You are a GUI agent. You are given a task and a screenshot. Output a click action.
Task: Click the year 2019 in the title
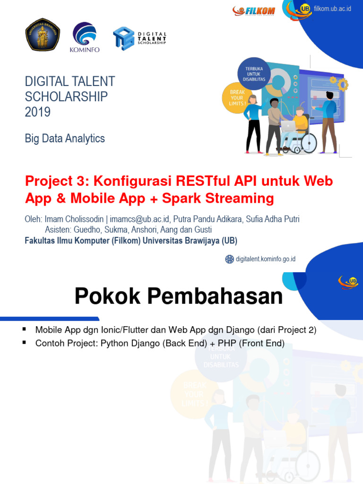click(x=38, y=112)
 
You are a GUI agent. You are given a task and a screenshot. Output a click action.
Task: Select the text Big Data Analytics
click(x=65, y=138)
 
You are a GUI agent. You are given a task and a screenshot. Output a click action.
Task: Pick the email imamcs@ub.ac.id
click(x=141, y=219)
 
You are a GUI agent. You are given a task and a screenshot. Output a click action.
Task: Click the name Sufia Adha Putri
click(x=273, y=219)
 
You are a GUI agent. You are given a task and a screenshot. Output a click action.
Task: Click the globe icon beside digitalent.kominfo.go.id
click(x=229, y=259)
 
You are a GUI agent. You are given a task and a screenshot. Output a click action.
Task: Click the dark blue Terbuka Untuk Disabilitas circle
click(x=255, y=75)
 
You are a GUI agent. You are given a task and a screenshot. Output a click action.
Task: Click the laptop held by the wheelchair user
click(x=288, y=125)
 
